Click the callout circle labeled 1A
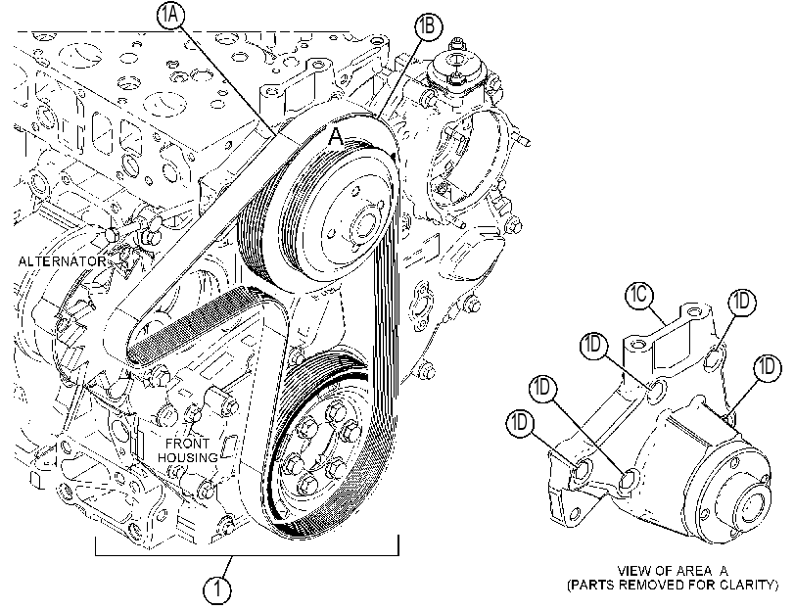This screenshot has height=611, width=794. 170,16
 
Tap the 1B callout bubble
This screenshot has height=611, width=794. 428,25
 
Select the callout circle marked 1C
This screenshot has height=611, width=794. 639,294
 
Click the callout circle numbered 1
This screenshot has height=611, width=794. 217,589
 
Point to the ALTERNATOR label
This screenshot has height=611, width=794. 62,261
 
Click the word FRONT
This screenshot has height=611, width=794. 187,444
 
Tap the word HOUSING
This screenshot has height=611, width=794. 187,457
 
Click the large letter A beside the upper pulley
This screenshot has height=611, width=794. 336,137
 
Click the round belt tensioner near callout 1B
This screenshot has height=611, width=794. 456,68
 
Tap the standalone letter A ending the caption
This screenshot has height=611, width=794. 724,571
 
